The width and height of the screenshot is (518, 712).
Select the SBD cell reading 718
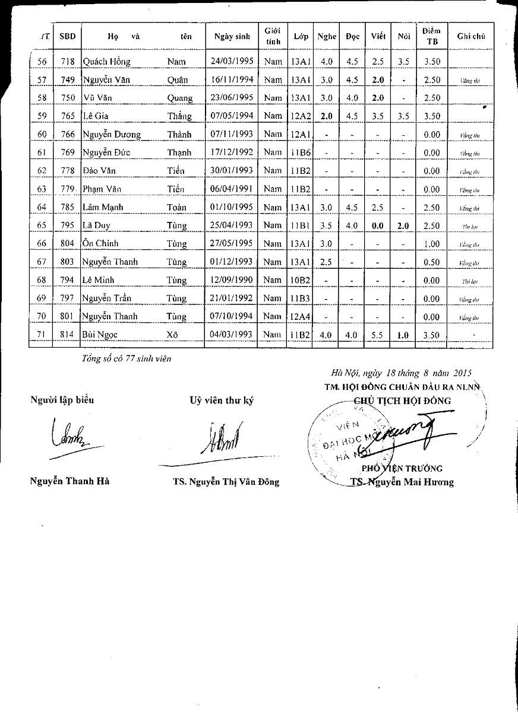67,61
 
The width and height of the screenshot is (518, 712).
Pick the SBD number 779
67,189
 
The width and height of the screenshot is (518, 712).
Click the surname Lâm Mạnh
98,208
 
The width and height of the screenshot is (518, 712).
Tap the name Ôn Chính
101,244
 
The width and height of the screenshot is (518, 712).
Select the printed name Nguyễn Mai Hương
410,482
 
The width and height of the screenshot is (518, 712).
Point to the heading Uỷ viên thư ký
222,401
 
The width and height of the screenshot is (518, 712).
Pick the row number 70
42,317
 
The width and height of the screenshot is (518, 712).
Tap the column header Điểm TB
432,36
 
